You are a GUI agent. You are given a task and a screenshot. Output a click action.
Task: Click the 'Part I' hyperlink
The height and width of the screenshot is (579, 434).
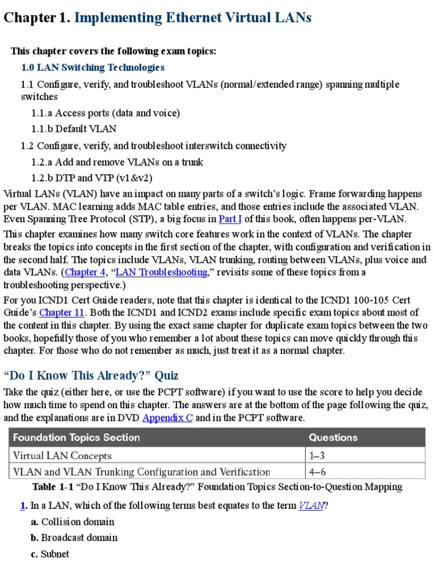(x=230, y=219)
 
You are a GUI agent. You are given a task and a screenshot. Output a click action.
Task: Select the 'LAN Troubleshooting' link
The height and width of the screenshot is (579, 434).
(x=161, y=272)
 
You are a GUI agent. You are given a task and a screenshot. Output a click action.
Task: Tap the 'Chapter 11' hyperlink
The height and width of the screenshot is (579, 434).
(x=63, y=312)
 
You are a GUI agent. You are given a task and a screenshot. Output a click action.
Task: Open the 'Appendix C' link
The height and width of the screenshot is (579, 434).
(x=168, y=418)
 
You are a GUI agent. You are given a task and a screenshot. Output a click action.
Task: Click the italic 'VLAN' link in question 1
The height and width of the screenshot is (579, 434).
(x=311, y=505)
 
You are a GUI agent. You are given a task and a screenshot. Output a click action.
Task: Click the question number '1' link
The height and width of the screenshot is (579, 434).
(x=23, y=505)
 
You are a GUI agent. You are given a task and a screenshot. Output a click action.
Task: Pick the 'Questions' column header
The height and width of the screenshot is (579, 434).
(x=333, y=437)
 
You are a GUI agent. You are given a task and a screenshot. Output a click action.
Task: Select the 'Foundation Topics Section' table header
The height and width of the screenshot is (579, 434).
(x=76, y=437)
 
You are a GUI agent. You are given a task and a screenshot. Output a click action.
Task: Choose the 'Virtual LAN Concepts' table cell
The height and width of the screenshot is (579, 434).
(x=62, y=455)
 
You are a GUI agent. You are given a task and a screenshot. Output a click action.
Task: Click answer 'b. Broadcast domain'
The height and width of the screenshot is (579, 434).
(x=74, y=537)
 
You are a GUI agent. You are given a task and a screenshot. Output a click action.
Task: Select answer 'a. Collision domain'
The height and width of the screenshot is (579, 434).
(x=72, y=521)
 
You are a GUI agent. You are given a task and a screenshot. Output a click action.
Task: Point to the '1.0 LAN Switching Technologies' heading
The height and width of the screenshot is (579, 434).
(x=93, y=67)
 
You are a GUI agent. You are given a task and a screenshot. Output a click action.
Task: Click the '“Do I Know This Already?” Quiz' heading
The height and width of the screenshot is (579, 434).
(x=91, y=375)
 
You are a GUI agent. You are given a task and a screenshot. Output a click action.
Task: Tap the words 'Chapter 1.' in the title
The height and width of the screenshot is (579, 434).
(x=37, y=18)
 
